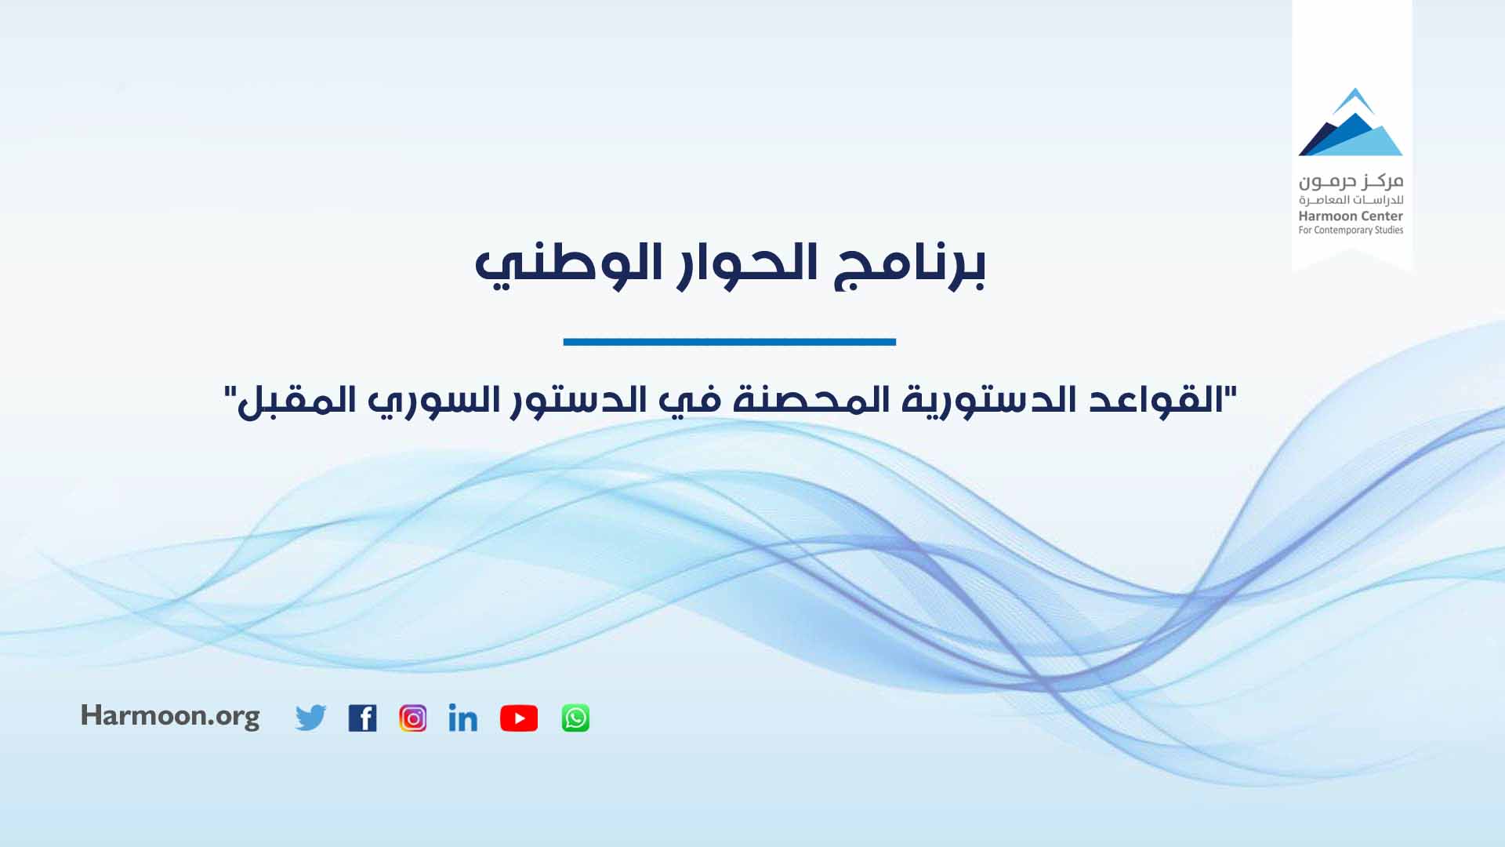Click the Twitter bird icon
pyautogui.click(x=310, y=718)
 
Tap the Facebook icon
pyautogui.click(x=362, y=718)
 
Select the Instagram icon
pyautogui.click(x=413, y=718)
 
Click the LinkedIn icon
pyautogui.click(x=462, y=718)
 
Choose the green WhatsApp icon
pyautogui.click(x=575, y=718)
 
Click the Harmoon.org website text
pyautogui.click(x=170, y=716)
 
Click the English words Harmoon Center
pyautogui.click(x=1351, y=216)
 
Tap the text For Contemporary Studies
pyautogui.click(x=1351, y=230)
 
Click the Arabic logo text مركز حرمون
pyautogui.click(x=1351, y=182)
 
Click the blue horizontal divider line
pyautogui.click(x=729, y=342)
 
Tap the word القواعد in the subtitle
pyautogui.click(x=1157, y=400)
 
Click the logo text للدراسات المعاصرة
pyautogui.click(x=1351, y=201)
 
